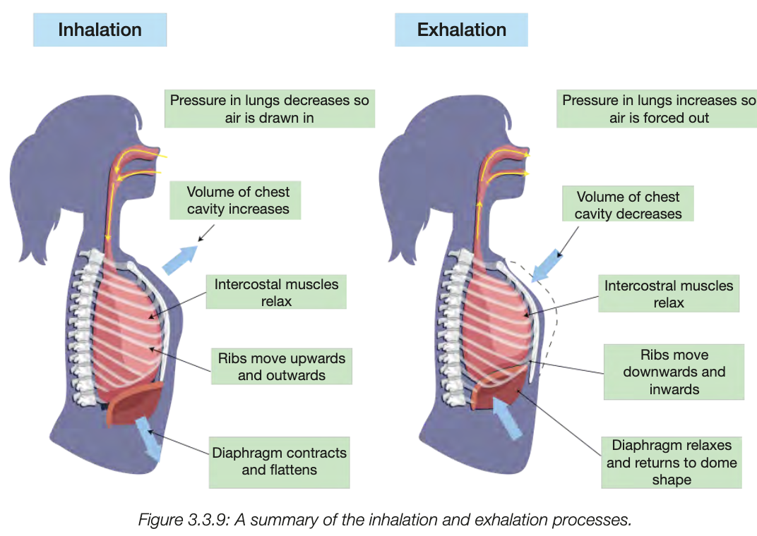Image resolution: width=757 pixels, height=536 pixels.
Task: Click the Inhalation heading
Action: pyautogui.click(x=100, y=30)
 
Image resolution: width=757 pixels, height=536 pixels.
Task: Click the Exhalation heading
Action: pyautogui.click(x=461, y=30)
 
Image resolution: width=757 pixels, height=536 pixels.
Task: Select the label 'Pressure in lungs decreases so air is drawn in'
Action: pyautogui.click(x=270, y=109)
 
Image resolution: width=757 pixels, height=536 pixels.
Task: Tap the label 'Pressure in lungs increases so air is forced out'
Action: pyautogui.click(x=658, y=109)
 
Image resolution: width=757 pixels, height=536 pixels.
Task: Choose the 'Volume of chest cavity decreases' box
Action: pyautogui.click(x=628, y=205)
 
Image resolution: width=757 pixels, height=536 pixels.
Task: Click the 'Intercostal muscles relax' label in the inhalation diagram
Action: pyautogui.click(x=276, y=293)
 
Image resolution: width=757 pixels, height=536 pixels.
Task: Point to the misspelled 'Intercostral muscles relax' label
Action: pyautogui.click(x=668, y=294)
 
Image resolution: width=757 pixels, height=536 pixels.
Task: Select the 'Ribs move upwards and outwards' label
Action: pyautogui.click(x=281, y=366)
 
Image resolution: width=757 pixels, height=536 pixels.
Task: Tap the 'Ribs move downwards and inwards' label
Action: pyautogui.click(x=674, y=372)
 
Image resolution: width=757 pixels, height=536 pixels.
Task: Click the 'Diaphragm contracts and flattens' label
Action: pyautogui.click(x=279, y=461)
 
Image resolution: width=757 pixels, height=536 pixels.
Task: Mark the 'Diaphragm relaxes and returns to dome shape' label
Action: pyautogui.click(x=671, y=462)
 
